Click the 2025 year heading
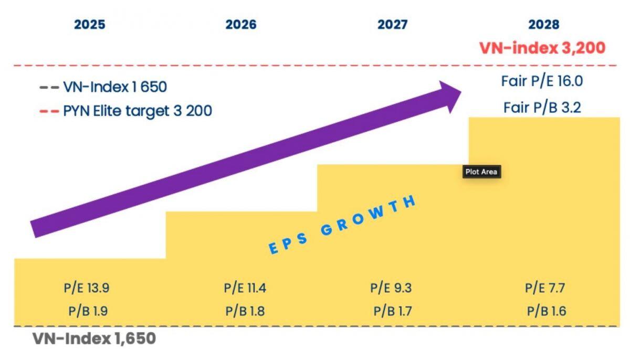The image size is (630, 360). point(89,25)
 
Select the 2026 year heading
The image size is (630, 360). point(241,25)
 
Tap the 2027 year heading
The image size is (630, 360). point(392,25)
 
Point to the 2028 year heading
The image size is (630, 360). point(544,25)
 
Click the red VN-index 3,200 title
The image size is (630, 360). point(542,48)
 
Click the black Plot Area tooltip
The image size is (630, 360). point(481,172)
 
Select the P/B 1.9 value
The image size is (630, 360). point(88,311)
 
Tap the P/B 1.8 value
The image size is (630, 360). point(245,311)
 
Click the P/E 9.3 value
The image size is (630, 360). point(391,288)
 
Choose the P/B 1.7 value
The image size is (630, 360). point(393,311)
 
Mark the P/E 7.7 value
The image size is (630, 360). point(544,288)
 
